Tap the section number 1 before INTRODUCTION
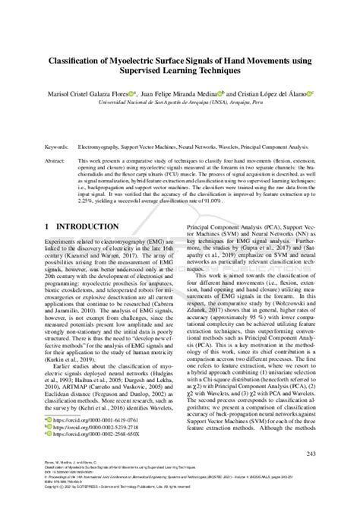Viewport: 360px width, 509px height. (48, 227)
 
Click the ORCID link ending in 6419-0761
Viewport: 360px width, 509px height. (95, 440)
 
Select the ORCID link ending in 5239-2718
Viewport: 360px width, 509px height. (95, 448)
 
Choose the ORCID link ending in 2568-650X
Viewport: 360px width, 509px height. (95, 457)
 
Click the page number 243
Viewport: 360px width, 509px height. (309, 475)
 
